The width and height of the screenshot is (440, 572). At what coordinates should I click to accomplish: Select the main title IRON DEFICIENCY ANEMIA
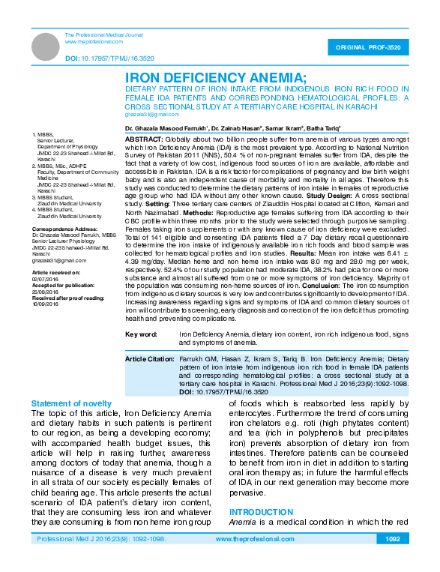click(215, 77)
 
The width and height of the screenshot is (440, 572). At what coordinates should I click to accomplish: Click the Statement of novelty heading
click(71, 403)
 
